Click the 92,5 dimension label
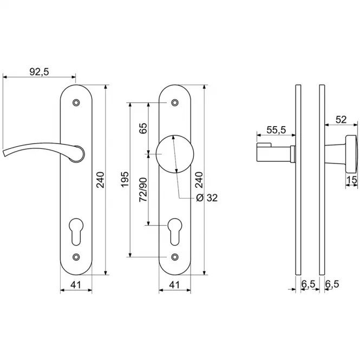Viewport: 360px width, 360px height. (40, 72)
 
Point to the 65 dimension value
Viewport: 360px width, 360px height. (143, 128)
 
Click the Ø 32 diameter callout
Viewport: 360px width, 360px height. (207, 198)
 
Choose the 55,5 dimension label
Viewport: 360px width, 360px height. (276, 130)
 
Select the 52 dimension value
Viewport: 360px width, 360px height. (341, 120)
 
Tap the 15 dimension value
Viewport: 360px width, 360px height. (352, 180)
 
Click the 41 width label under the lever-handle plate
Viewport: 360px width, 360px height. (76, 285)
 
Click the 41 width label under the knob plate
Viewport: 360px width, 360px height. (174, 285)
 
